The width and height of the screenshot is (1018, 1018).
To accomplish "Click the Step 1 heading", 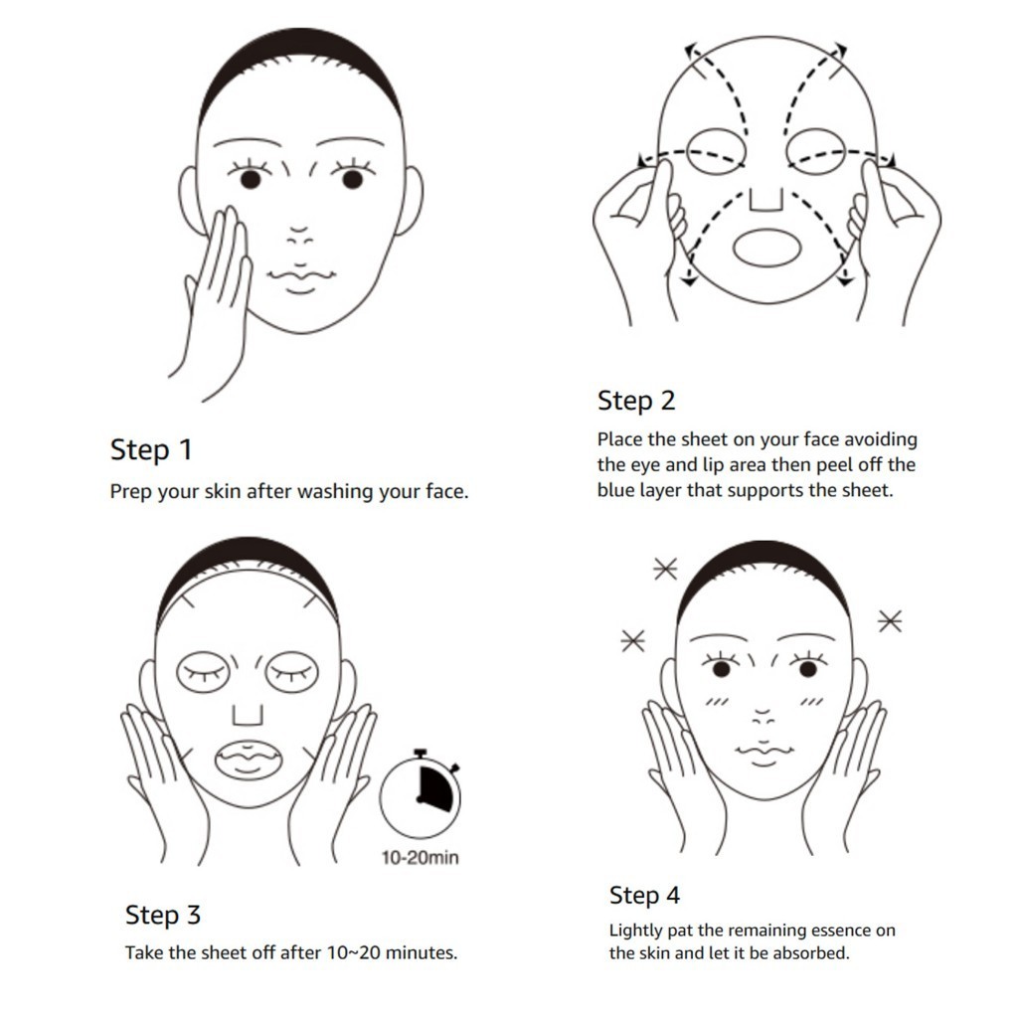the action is click(x=151, y=450).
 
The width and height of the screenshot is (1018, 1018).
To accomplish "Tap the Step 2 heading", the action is click(x=636, y=401).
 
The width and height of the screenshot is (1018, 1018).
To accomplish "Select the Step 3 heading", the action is click(x=163, y=915).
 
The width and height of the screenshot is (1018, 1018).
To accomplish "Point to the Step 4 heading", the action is click(x=644, y=896).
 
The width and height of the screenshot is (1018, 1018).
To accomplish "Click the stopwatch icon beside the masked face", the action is click(x=421, y=792).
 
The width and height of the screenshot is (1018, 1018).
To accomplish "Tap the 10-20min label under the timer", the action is click(x=421, y=858).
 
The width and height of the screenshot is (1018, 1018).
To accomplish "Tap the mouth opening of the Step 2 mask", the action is click(x=767, y=248).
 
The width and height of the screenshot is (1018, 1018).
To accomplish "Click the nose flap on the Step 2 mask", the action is click(x=766, y=200).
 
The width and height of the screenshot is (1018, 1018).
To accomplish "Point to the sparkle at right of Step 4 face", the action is click(x=890, y=621).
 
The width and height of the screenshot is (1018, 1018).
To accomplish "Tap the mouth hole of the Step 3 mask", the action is click(x=249, y=760).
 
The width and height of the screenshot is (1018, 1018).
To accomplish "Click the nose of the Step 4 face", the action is click(x=763, y=718).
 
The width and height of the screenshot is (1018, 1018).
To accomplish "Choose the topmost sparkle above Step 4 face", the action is click(x=665, y=570).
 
